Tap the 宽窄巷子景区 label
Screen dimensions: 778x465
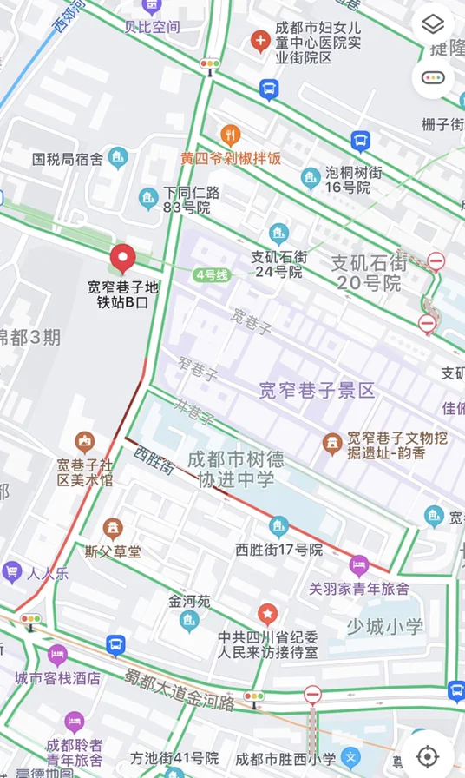[x=317, y=391]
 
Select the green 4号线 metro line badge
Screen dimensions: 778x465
[x=212, y=275]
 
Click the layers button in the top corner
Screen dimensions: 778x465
[x=433, y=24]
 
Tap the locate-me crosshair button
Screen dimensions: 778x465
[x=427, y=755]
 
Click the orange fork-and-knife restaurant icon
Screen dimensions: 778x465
[x=230, y=135]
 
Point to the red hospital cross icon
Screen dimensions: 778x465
[x=259, y=40]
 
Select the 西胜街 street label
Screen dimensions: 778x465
[x=154, y=459]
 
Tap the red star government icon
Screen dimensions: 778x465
[x=267, y=614]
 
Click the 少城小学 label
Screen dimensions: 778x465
[x=384, y=626]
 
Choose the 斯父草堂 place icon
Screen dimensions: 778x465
[x=113, y=529]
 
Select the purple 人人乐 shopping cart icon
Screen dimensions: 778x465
[x=12, y=570]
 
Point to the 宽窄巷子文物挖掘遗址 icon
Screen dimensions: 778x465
[x=331, y=444]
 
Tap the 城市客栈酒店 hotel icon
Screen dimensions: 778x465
[x=57, y=655]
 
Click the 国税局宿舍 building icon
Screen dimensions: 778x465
[x=118, y=158]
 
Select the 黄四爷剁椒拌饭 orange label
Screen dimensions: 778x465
[x=230, y=159]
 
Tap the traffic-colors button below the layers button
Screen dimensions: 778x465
[x=433, y=77]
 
